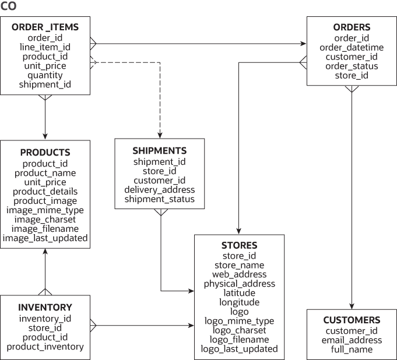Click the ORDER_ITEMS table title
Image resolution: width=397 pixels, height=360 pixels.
tap(45, 27)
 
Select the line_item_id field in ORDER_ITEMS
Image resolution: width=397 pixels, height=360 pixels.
tap(45, 47)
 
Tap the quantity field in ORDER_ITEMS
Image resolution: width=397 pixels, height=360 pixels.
tap(45, 75)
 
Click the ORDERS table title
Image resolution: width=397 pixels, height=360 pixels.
tap(352, 27)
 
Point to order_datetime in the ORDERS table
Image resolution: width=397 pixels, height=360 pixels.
tap(352, 48)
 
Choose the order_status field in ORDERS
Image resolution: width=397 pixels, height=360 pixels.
tap(352, 66)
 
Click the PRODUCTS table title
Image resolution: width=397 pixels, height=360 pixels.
tap(45, 153)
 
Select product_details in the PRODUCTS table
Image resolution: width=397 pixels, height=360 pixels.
tap(45, 192)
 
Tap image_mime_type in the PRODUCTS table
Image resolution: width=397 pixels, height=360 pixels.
tap(45, 210)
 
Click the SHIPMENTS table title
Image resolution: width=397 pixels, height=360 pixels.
tap(159, 151)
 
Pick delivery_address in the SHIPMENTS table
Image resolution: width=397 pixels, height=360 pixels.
tap(159, 190)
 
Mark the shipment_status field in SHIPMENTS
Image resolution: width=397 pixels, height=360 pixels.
tap(159, 199)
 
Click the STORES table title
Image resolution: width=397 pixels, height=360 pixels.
tap(239, 245)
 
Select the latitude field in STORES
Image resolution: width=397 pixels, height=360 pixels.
tap(239, 293)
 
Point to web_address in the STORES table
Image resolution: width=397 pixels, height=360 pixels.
tap(239, 274)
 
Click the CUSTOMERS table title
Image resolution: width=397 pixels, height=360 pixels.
tap(352, 320)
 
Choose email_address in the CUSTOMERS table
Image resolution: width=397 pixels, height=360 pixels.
tap(352, 340)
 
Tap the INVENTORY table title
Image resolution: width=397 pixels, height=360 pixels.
tap(45, 308)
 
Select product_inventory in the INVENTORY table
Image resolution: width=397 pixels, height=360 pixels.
tap(45, 347)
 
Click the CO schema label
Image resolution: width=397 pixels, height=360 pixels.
tap(8, 6)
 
